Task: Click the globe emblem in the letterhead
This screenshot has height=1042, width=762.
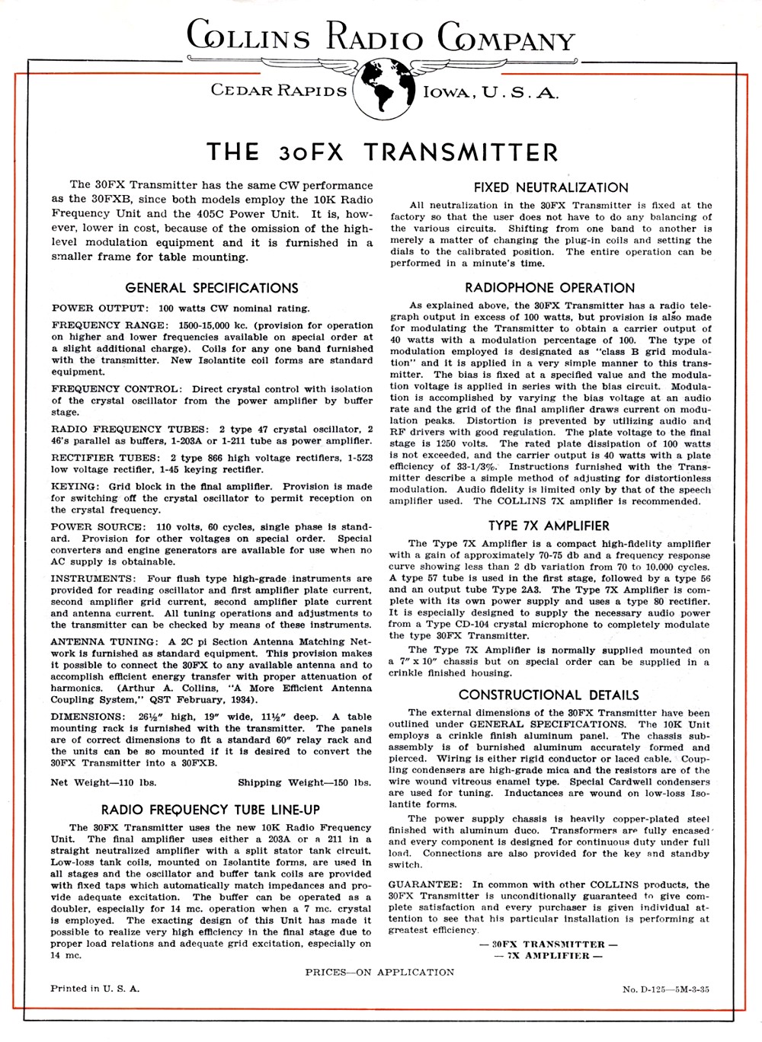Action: tap(384, 88)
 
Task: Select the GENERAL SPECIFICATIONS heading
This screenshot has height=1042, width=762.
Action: tap(212, 288)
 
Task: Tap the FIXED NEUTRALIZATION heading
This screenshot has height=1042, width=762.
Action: tap(551, 187)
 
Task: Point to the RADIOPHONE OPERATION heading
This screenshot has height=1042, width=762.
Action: tap(549, 288)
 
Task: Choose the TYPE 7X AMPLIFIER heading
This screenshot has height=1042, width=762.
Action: tap(549, 526)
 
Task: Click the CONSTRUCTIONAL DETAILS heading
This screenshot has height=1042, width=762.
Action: tap(549, 695)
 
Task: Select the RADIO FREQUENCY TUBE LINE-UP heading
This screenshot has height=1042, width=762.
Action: tap(210, 810)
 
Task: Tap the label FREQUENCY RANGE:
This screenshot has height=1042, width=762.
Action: tap(107, 325)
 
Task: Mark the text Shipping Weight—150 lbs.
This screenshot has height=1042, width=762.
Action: tap(304, 782)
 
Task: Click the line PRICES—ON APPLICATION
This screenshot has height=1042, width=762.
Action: tap(379, 972)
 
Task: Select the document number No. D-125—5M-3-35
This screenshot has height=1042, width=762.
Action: tap(665, 989)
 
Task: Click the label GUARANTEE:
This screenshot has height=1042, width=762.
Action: tap(424, 884)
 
